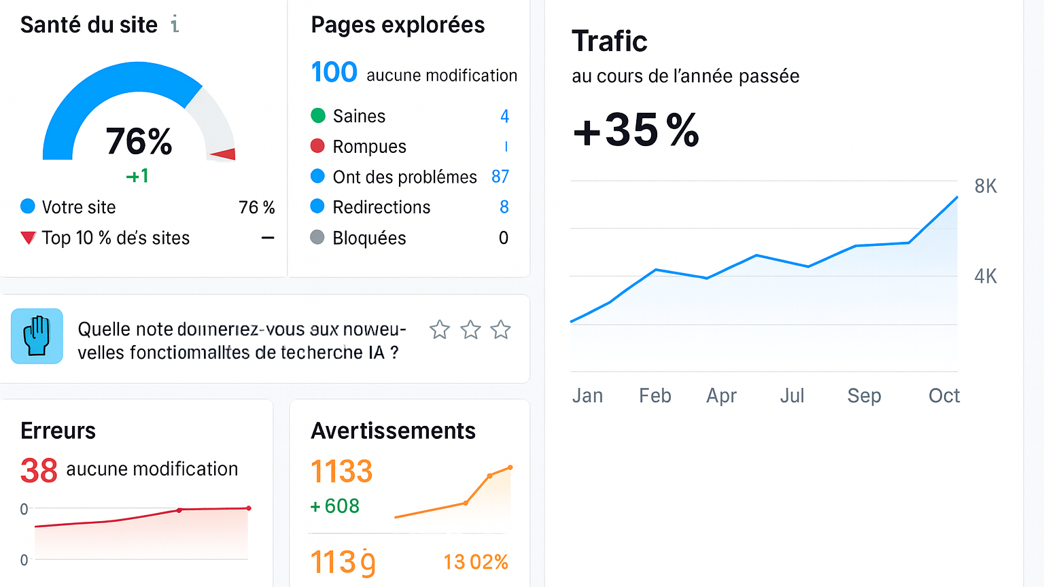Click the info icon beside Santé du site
click(175, 24)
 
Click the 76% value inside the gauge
click(139, 141)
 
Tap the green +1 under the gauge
click(137, 176)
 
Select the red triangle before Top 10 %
click(28, 238)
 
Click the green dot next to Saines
click(317, 115)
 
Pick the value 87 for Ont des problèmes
click(500, 177)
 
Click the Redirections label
click(381, 207)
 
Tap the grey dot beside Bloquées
click(317, 237)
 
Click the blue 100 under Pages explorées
click(334, 72)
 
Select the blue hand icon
click(37, 336)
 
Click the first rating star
click(440, 330)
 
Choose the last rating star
click(501, 330)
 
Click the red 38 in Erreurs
click(39, 470)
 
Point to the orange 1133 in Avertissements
click(341, 472)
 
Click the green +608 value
click(334, 506)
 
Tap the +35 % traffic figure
click(636, 130)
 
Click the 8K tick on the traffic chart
click(986, 186)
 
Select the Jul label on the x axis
click(792, 395)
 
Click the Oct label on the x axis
click(944, 395)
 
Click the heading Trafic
click(610, 41)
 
